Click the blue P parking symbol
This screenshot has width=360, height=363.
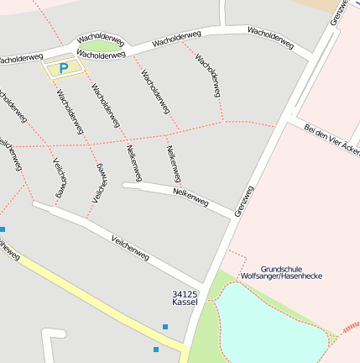[63, 68]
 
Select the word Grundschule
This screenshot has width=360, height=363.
[280, 268]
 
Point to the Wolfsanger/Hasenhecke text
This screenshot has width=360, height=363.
[280, 276]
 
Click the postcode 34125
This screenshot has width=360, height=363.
[184, 292]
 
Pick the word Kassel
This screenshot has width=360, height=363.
[184, 301]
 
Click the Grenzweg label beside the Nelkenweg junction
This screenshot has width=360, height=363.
[243, 202]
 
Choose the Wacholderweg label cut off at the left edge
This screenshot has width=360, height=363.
[18, 59]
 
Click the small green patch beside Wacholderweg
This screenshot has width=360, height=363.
[101, 45]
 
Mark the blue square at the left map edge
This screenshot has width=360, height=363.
[3, 229]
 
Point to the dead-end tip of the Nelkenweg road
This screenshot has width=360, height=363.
[126, 185]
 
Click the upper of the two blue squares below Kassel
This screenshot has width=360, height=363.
[165, 326]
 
